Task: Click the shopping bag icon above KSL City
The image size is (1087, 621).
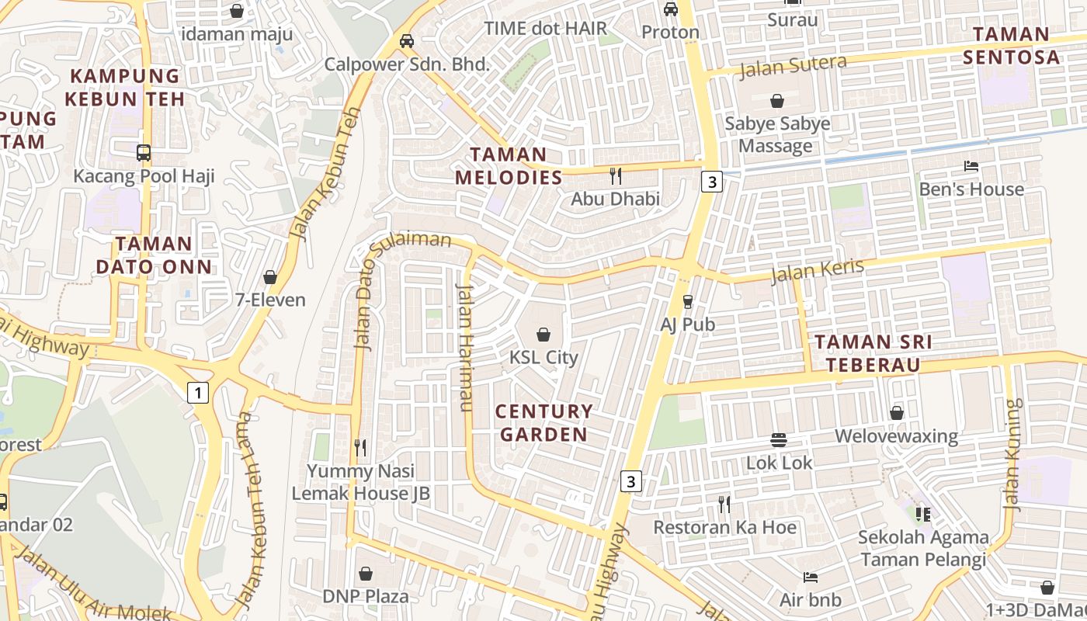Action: tap(543, 335)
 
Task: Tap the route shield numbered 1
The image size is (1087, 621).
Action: tap(199, 394)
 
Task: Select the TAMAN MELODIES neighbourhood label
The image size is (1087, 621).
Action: tap(509, 165)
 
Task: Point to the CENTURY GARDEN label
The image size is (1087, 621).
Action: tap(543, 422)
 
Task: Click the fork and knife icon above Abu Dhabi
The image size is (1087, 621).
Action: tap(616, 175)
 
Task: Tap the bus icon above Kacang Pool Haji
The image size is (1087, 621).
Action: tap(144, 152)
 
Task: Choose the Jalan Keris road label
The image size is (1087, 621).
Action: tap(817, 271)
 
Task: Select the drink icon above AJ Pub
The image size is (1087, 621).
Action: tap(687, 301)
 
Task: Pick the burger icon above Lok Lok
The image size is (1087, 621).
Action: tap(779, 440)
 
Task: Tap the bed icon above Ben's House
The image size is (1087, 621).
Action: tap(971, 165)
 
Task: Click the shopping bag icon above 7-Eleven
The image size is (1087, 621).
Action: tap(270, 277)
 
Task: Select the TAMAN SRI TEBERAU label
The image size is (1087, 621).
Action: tap(873, 353)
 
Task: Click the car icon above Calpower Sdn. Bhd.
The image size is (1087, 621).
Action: tap(406, 40)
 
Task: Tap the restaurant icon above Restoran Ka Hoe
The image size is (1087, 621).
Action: tap(724, 505)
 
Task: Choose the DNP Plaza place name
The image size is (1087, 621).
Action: tap(366, 596)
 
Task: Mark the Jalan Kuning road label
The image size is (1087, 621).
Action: tap(1012, 454)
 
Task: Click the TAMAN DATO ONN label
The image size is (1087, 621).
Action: tap(154, 255)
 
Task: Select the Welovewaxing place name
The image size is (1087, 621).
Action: tap(896, 435)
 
